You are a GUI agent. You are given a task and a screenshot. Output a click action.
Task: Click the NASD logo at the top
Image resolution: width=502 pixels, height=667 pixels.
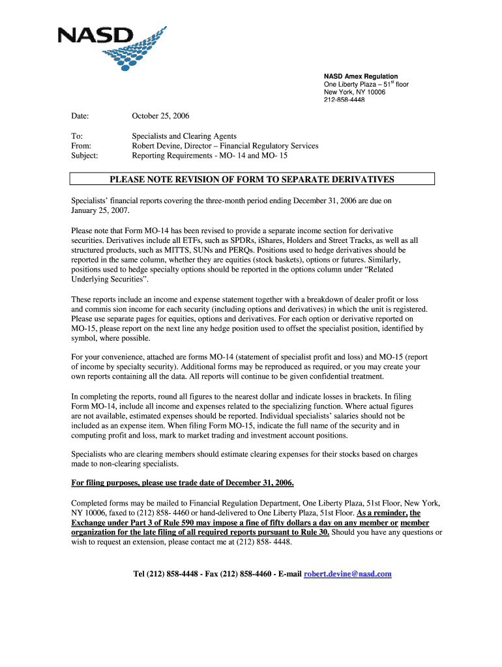111,48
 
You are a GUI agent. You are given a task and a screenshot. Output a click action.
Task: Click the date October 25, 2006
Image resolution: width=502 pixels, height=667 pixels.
160,116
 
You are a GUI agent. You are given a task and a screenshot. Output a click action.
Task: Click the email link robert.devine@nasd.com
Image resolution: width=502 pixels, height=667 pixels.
347,574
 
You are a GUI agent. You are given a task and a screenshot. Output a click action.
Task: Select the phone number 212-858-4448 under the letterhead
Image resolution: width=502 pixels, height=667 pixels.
344,100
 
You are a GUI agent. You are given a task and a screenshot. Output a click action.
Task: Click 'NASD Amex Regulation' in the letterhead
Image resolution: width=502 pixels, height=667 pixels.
361,77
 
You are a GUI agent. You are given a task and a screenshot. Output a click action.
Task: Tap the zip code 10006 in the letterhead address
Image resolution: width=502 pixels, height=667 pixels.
376,92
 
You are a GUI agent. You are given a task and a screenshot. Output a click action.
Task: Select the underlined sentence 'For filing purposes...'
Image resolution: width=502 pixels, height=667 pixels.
183,483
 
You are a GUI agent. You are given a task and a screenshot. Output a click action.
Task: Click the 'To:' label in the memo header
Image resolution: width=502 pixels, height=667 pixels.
76,136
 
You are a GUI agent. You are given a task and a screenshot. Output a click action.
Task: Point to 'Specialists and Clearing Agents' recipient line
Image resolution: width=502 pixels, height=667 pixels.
180,136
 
